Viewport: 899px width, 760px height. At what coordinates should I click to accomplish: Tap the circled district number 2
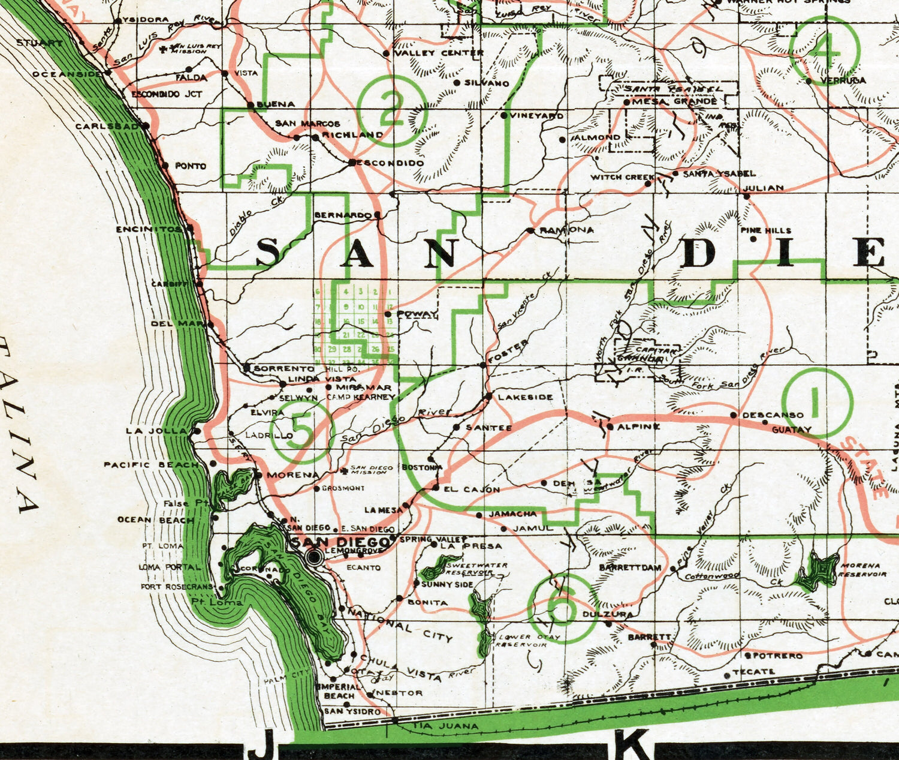392,110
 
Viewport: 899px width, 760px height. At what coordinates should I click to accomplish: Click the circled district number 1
816,402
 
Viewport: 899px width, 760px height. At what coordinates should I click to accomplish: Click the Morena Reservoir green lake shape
816,570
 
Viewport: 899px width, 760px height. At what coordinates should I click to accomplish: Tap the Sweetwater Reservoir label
476,569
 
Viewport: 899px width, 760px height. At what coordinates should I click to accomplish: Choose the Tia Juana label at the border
446,726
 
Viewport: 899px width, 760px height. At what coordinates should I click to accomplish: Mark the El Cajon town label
472,489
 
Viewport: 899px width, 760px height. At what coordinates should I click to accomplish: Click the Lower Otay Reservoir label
520,641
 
